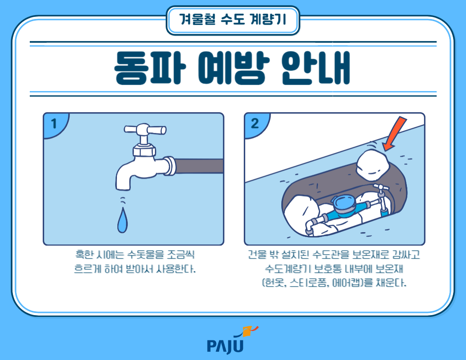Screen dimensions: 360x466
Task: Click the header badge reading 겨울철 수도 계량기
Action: (x=233, y=20)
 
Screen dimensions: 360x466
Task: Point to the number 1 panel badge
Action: (x=54, y=124)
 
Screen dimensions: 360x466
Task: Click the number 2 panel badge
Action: (x=255, y=124)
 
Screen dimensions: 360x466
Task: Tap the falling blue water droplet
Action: (x=123, y=221)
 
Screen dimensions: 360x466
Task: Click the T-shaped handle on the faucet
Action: (x=145, y=129)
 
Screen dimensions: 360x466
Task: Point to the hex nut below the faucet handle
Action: (x=144, y=150)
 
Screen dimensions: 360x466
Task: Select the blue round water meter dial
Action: (x=344, y=201)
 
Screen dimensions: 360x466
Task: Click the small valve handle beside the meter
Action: (x=380, y=188)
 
